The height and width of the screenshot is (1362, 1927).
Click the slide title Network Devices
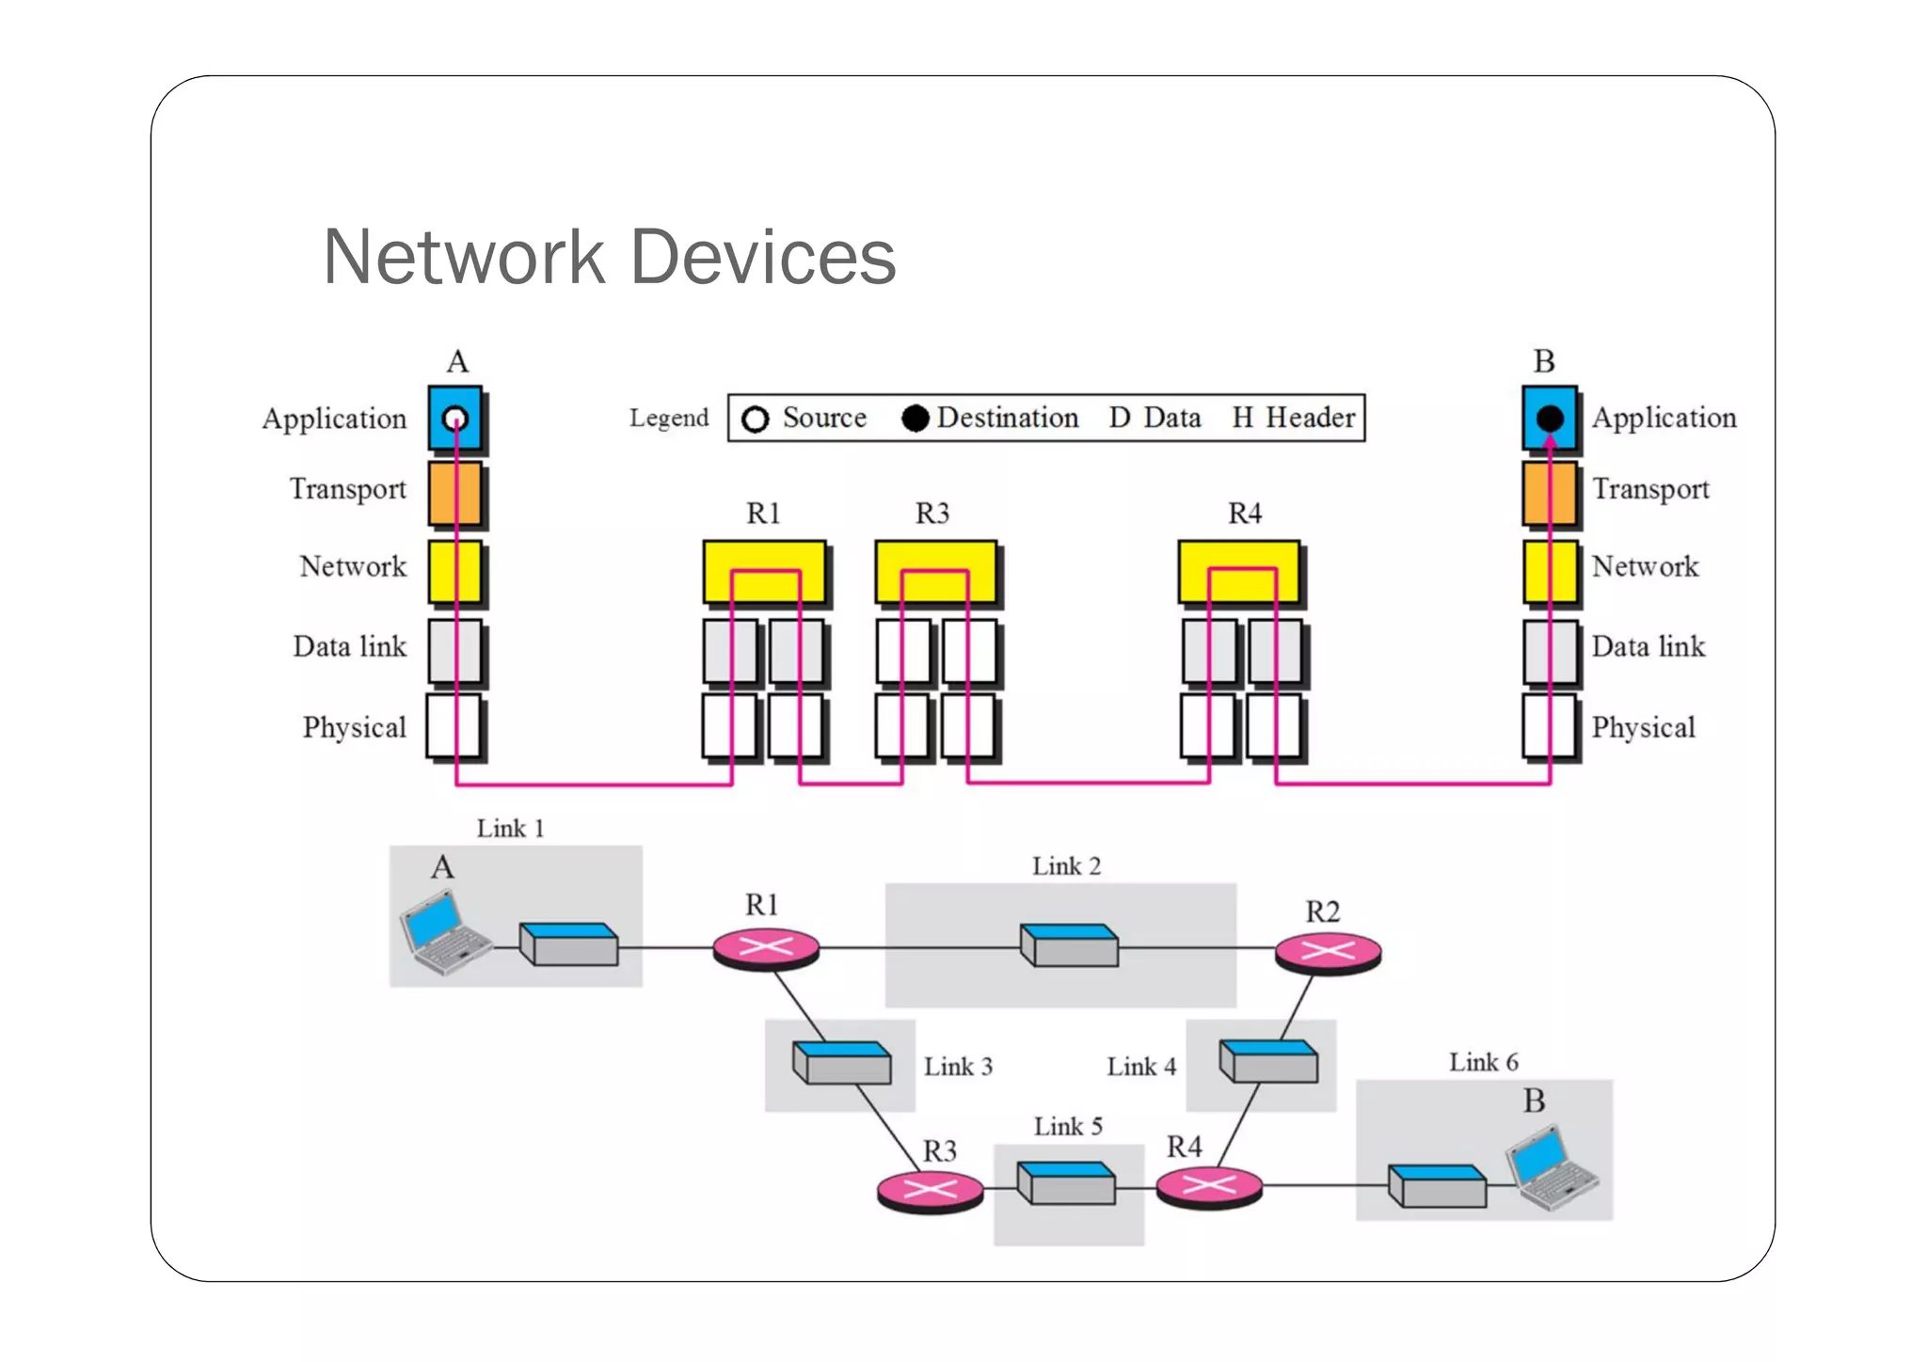click(609, 257)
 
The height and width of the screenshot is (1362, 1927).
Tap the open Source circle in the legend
click(755, 420)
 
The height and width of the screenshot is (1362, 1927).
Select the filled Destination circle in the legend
click(915, 419)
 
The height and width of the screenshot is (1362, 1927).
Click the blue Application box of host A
click(455, 418)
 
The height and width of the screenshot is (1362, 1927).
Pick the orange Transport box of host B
click(1550, 493)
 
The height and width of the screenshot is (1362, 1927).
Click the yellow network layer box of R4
click(1239, 571)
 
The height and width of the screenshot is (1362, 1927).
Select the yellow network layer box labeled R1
click(764, 571)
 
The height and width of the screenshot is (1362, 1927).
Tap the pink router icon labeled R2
click(1328, 952)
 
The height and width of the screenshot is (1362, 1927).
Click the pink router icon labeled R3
click(930, 1191)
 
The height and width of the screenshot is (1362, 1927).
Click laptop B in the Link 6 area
click(1551, 1168)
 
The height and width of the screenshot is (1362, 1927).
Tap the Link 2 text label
click(1066, 866)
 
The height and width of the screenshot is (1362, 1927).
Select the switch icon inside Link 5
click(1067, 1183)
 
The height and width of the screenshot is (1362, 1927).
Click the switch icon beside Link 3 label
click(841, 1063)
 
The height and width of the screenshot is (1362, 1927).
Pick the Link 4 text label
click(1141, 1067)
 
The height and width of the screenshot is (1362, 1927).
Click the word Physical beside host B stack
click(1643, 727)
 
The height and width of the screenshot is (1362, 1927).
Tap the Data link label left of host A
click(349, 646)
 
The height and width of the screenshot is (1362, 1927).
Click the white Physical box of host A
click(455, 726)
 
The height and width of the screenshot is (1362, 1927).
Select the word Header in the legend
click(1310, 418)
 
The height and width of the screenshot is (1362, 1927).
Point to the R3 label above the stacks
click(932, 514)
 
